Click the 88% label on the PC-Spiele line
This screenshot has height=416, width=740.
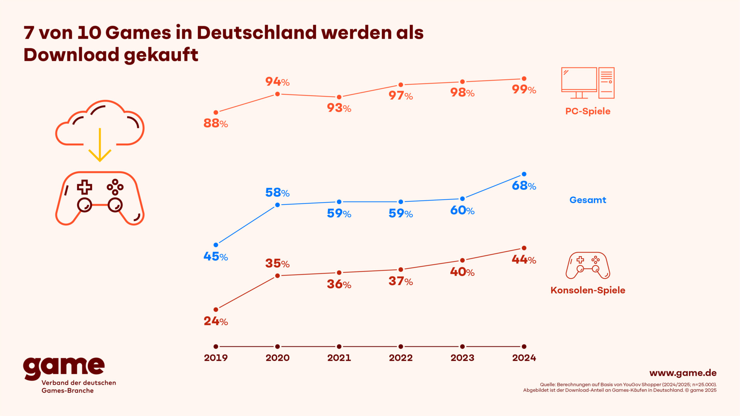(x=215, y=123)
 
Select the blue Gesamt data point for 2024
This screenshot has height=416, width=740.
(x=524, y=174)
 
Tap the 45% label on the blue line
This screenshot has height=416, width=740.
(x=215, y=257)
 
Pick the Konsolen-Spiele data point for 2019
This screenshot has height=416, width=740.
(x=216, y=309)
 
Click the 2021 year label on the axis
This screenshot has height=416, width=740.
(x=339, y=358)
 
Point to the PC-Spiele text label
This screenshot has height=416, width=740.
(x=587, y=111)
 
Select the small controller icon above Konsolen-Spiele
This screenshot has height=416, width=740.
(x=588, y=265)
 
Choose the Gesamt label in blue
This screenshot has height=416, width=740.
(x=587, y=200)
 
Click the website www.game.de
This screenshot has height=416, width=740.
(x=683, y=373)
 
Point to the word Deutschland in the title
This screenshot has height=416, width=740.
(x=256, y=32)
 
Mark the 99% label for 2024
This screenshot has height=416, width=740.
(x=524, y=89)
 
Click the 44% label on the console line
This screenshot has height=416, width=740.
(x=524, y=260)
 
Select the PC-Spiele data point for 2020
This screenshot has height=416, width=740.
(x=277, y=94)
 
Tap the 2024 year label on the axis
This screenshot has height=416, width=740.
(x=524, y=358)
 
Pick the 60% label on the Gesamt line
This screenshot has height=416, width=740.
(x=462, y=210)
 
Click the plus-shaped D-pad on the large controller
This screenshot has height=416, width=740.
(x=84, y=187)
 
